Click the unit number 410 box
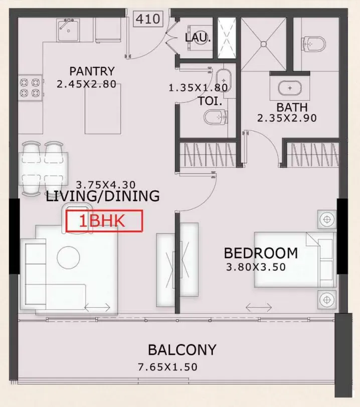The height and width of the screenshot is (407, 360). [148, 19]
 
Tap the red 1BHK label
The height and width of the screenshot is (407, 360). [104, 221]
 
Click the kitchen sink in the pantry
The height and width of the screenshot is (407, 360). [68, 30]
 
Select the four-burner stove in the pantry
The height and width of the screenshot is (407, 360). [30, 88]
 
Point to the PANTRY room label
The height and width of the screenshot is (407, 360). [92, 71]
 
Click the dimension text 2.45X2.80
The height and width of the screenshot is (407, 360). [87, 84]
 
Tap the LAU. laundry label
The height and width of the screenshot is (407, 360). [198, 38]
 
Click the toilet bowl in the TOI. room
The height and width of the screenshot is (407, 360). [216, 117]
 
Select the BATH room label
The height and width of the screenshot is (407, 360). [292, 107]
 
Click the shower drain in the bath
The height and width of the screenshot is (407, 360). [264, 44]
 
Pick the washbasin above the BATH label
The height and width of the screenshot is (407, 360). [290, 88]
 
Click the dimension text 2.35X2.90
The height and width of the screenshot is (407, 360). [287, 118]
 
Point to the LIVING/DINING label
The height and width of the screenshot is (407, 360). [103, 196]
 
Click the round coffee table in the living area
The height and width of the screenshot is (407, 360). [69, 257]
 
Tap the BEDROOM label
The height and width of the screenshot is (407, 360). [261, 253]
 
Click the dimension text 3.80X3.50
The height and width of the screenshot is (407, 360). [256, 267]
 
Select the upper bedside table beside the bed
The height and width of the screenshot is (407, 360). [327, 220]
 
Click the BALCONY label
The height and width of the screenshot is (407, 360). [182, 350]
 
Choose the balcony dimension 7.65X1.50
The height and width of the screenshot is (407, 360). [167, 367]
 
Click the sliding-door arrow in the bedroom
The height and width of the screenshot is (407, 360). [259, 308]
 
